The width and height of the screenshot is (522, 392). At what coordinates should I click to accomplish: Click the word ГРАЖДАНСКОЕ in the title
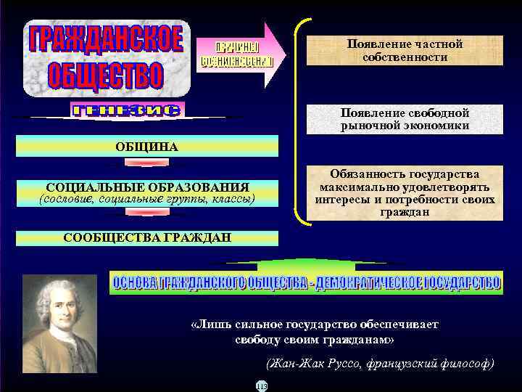coord(106,40)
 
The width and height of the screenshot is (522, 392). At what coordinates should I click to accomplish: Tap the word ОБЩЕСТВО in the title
coord(106,75)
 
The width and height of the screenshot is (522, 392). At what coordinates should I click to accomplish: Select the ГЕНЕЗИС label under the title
coord(128,111)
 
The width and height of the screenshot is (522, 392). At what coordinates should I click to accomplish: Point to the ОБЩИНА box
coord(146,147)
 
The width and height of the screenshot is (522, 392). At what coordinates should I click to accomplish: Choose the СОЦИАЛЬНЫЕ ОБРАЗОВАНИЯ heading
coord(147,187)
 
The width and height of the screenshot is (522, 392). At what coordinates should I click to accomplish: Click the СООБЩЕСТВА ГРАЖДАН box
coord(147,237)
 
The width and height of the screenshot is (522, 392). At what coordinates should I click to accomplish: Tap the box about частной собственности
coord(405,50)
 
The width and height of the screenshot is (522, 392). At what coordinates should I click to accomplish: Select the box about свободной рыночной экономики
coord(405,120)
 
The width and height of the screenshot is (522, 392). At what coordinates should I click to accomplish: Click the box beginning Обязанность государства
coord(405,193)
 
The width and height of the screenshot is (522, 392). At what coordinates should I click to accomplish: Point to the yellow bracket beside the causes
coord(299,120)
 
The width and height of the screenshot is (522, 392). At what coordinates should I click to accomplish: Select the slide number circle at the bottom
coord(262,385)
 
